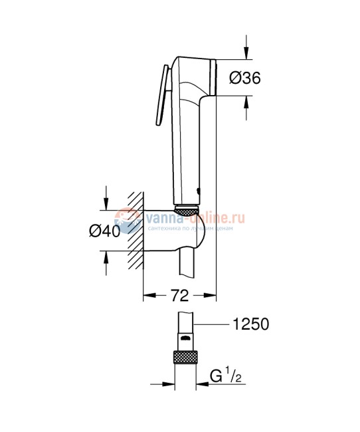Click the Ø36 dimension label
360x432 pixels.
[x=243, y=78]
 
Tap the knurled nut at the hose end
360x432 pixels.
[x=187, y=357]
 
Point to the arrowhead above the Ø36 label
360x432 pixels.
[x=246, y=53]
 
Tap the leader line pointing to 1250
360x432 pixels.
[x=213, y=324]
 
